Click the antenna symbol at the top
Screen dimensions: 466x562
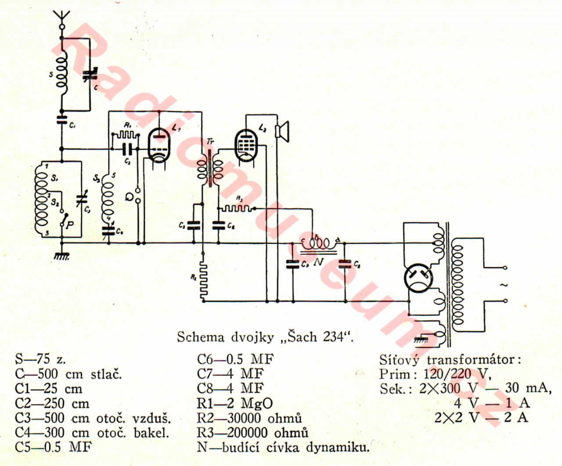(x=62, y=18)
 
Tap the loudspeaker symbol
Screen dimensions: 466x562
(x=282, y=131)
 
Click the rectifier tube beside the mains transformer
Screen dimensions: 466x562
(x=418, y=278)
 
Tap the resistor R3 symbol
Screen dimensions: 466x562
(x=237, y=208)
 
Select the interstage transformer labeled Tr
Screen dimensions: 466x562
(x=209, y=167)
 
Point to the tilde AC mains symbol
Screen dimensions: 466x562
(x=504, y=285)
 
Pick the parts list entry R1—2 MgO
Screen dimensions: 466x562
(x=234, y=403)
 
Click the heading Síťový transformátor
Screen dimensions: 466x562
(x=450, y=360)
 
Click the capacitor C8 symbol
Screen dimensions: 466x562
(x=345, y=263)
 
